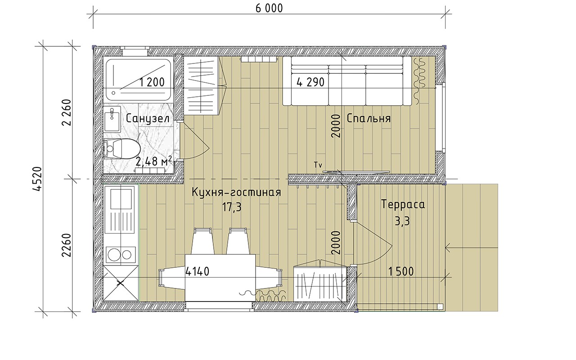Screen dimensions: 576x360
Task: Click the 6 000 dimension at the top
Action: [x=269, y=8]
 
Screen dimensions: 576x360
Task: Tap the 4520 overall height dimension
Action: [x=37, y=179]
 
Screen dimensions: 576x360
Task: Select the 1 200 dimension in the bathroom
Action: [x=152, y=82]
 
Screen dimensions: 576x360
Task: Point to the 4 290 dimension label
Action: [x=310, y=82]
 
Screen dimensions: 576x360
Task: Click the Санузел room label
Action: [x=148, y=119]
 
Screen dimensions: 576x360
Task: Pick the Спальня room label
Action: [x=369, y=118]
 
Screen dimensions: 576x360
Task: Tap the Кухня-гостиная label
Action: [x=236, y=192]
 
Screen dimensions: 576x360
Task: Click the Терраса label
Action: [x=403, y=204]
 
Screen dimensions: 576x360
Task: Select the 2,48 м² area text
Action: [x=153, y=162]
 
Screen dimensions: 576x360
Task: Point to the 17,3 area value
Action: [x=232, y=207]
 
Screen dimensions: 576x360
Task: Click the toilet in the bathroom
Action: [x=121, y=148]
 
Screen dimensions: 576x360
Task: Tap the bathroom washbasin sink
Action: [x=112, y=120]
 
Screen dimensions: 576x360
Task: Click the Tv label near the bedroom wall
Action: [x=318, y=165]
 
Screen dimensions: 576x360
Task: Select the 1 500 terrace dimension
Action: [x=401, y=271]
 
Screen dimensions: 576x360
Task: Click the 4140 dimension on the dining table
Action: [x=197, y=271]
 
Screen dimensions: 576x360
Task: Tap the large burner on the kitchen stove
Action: [x=114, y=255]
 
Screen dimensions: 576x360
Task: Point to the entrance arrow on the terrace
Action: [x=471, y=248]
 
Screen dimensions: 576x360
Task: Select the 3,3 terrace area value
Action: [x=402, y=221]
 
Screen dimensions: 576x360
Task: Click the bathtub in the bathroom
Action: [x=139, y=80]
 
